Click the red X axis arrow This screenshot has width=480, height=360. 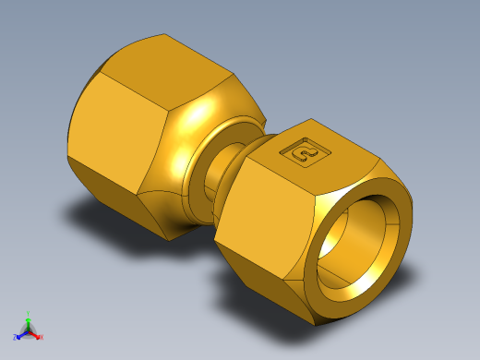[36, 334]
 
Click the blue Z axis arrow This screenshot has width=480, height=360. [20, 333]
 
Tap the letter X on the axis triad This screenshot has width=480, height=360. [42, 337]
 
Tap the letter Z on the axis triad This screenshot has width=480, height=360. [15, 336]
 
